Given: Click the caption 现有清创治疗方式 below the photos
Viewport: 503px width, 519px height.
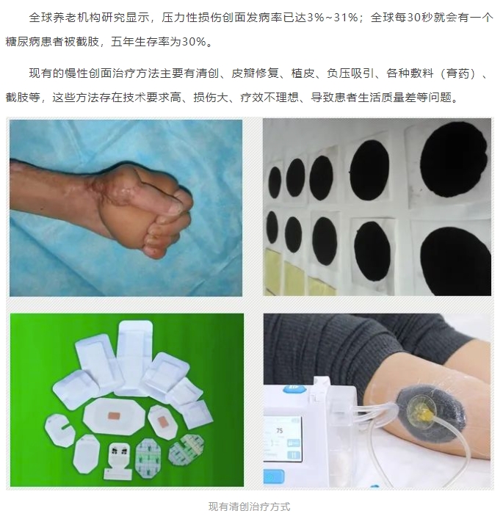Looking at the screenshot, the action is click(249, 507).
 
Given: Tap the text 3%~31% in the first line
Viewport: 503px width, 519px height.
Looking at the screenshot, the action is click(333, 17).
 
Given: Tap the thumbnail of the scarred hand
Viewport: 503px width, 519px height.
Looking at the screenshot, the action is click(126, 208).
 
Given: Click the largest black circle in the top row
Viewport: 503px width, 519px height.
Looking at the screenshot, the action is click(454, 161).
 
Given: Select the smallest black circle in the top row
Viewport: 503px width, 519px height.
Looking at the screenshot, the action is click(275, 182).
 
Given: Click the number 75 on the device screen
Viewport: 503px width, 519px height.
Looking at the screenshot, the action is click(280, 430).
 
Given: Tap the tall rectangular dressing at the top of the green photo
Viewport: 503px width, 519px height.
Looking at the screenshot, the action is click(134, 357).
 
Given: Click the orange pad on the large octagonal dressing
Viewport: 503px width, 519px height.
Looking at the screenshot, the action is click(115, 415).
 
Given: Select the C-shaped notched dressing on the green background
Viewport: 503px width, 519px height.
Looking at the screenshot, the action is click(59, 430).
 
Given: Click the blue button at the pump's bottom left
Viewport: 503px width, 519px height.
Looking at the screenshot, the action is click(273, 477).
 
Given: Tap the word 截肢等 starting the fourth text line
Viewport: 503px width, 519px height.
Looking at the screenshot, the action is click(23, 98).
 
